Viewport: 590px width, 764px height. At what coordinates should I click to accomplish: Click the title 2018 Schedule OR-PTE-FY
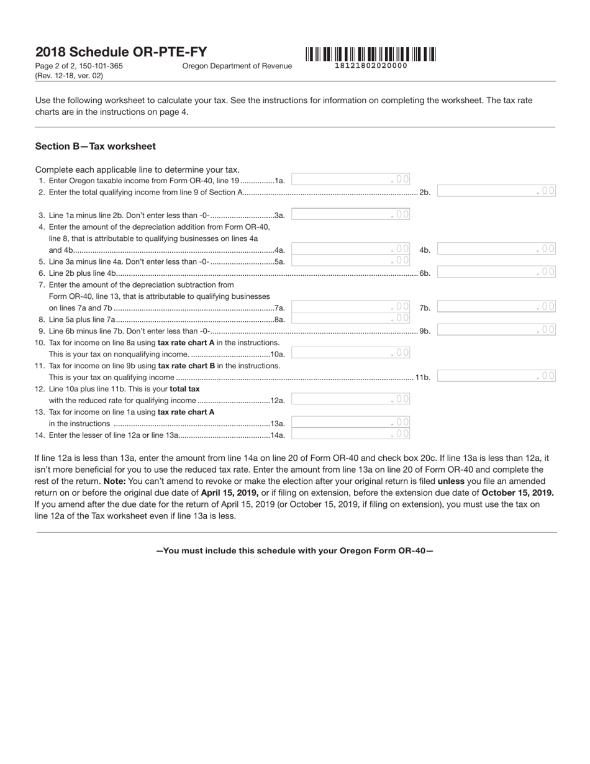pyautogui.click(x=121, y=52)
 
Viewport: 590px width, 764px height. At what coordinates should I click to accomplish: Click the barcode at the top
pyautogui.click(x=370, y=54)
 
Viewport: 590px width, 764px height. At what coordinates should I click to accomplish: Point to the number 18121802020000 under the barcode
pyautogui.click(x=371, y=66)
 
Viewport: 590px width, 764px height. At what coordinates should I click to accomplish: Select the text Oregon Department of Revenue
pyautogui.click(x=237, y=66)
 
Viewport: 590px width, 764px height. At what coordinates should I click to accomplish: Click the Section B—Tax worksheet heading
pyautogui.click(x=96, y=147)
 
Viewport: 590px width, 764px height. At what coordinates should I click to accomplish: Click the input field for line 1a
pyautogui.click(x=350, y=180)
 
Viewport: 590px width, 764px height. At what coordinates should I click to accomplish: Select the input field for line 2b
pyautogui.click(x=496, y=191)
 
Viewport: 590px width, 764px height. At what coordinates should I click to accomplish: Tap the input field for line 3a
pyautogui.click(x=350, y=214)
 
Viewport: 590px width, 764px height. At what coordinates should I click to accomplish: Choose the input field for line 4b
pyautogui.click(x=496, y=249)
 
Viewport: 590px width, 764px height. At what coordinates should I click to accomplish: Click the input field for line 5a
pyautogui.click(x=350, y=261)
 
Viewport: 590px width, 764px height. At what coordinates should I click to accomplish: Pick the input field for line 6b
pyautogui.click(x=496, y=272)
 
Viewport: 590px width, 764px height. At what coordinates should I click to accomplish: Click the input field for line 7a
pyautogui.click(x=350, y=307)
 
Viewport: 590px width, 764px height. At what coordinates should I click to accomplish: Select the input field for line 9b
pyautogui.click(x=496, y=330)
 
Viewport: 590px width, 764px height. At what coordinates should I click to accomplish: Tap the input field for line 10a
pyautogui.click(x=350, y=353)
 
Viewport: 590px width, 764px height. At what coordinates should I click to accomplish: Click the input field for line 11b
pyautogui.click(x=496, y=376)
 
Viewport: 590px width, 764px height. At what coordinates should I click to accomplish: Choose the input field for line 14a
pyautogui.click(x=350, y=434)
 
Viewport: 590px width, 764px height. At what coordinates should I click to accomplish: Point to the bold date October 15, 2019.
pyautogui.click(x=517, y=493)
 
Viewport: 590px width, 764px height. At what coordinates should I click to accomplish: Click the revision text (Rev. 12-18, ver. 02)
pyautogui.click(x=69, y=76)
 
